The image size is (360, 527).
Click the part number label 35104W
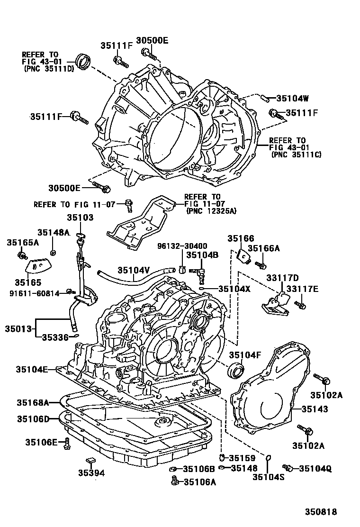[x=292, y=99]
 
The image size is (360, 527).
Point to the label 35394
[x=91, y=472]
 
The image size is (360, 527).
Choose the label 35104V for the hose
[x=134, y=270]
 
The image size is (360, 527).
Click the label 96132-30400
[x=182, y=246]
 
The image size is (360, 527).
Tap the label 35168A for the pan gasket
[x=33, y=402]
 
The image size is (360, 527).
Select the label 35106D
[x=33, y=418]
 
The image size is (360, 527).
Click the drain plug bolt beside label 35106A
[x=175, y=482]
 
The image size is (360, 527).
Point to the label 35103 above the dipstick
[x=80, y=218]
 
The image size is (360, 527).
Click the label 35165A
[x=23, y=242]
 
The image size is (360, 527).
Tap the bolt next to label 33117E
[x=299, y=303]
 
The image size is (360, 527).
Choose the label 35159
[x=242, y=458]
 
